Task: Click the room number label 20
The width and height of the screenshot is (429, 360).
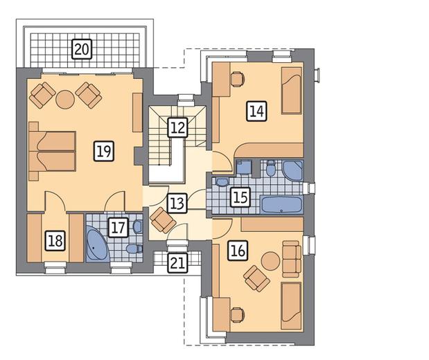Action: [x=82, y=49]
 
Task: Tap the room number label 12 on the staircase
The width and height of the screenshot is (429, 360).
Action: [x=178, y=127]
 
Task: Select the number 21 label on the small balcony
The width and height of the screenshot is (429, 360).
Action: [x=177, y=263]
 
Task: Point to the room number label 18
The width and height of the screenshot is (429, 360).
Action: [x=55, y=241]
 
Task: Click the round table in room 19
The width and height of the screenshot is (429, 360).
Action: [x=65, y=100]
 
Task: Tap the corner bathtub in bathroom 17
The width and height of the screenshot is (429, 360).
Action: [x=97, y=244]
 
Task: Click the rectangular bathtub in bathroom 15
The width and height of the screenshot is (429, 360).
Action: [x=281, y=204]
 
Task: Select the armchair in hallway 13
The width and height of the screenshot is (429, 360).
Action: [x=163, y=220]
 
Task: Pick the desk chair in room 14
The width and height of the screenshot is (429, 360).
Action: [x=237, y=79]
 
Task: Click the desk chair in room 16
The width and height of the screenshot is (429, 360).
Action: [x=237, y=314]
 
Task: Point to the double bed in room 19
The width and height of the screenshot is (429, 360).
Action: [x=52, y=152]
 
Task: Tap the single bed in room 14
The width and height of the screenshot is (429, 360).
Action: [x=292, y=91]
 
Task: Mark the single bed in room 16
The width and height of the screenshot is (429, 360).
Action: [x=291, y=306]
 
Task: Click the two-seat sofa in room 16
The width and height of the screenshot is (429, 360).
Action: [x=292, y=259]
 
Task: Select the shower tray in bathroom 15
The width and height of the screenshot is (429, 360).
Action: [x=244, y=168]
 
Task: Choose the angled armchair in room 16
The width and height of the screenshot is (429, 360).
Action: [x=256, y=278]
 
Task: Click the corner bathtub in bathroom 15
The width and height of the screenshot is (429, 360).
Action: [x=293, y=170]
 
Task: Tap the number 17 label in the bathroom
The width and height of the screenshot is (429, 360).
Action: [x=119, y=227]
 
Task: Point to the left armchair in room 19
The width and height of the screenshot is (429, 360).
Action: [x=42, y=96]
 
